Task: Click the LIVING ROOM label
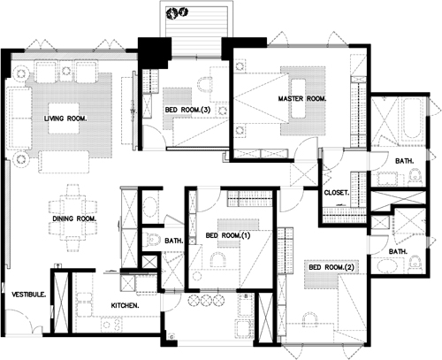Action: click(x=65, y=119)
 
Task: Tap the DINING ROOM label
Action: click(x=74, y=218)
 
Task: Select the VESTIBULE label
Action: click(x=29, y=295)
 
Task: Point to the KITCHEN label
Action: click(x=125, y=305)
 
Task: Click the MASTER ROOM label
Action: click(x=302, y=99)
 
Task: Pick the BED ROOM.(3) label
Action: click(x=187, y=110)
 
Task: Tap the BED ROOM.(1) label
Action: click(x=228, y=235)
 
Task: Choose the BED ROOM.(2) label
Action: click(x=331, y=267)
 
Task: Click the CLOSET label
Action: click(x=337, y=193)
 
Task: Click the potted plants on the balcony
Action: click(x=177, y=12)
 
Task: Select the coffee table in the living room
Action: click(x=64, y=119)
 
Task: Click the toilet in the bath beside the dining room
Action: click(x=151, y=239)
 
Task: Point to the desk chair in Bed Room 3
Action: click(x=204, y=84)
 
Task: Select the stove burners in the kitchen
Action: click(x=111, y=325)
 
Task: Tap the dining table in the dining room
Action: click(x=72, y=218)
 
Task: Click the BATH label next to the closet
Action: click(x=404, y=161)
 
